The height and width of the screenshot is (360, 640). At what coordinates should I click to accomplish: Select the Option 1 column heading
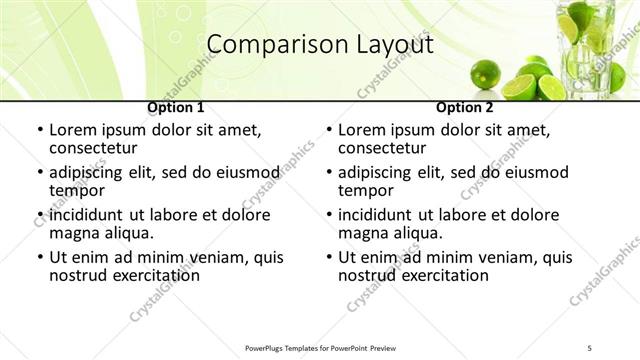pos(176,107)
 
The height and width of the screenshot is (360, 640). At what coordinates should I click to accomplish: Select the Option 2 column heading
pos(465,107)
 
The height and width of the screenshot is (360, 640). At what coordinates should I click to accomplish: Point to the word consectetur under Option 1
pos(98,148)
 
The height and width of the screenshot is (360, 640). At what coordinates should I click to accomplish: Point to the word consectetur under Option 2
pos(387,148)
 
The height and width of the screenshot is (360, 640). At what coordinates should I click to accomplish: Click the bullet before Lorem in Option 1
pos(39,130)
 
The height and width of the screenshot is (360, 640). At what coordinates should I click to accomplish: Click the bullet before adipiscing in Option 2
pos(328,172)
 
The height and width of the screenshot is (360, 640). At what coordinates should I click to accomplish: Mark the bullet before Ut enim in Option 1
pos(39,257)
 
